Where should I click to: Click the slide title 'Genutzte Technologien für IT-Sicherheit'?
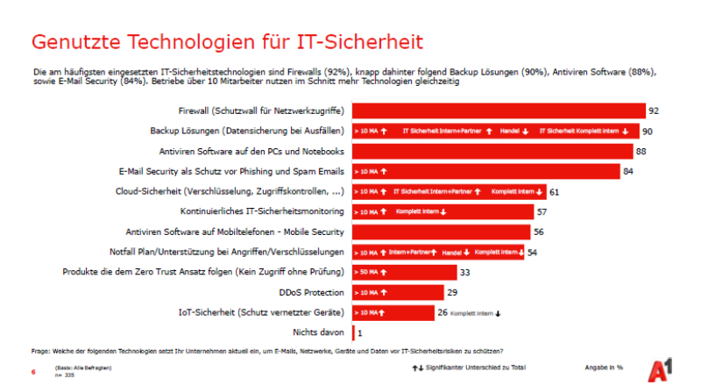coord(227,42)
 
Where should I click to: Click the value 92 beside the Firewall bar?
coord(654,111)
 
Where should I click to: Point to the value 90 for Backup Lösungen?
coord(647,132)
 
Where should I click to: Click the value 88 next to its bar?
coord(641,152)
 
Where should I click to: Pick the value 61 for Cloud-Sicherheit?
coord(555,191)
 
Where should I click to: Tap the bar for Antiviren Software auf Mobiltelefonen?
coord(441,232)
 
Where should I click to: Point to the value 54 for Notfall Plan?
coord(533,252)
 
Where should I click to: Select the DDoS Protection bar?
coord(397,292)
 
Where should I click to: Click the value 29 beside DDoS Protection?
coord(452,292)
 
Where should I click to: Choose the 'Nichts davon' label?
coord(319,332)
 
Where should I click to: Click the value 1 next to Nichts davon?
coord(360,332)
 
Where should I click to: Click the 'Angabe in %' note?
coord(604,366)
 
